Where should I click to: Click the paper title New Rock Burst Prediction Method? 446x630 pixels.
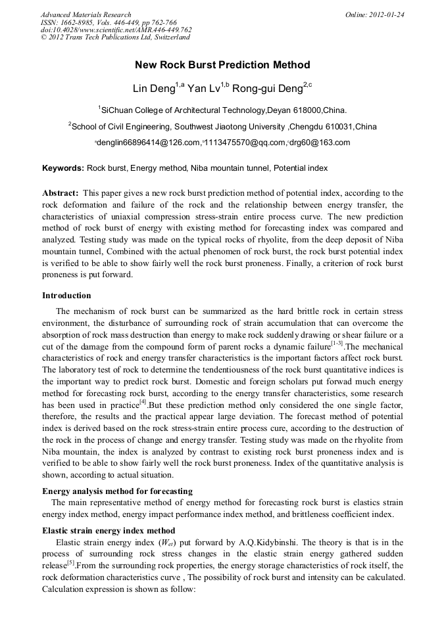click(222, 65)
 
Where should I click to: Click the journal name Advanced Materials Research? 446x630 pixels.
click(86, 14)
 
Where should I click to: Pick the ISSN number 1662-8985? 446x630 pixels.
click(84, 22)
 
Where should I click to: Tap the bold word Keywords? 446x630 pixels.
click(63, 168)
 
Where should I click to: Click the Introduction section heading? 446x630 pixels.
click(66, 296)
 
